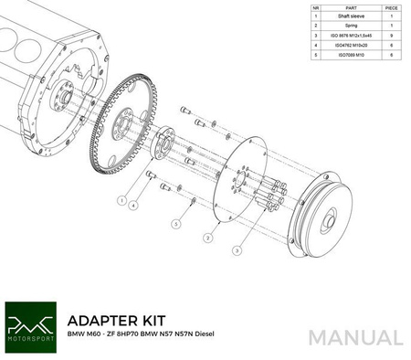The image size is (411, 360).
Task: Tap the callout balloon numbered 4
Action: tap(134, 206)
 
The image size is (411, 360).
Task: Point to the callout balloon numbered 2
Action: tap(208, 238)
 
